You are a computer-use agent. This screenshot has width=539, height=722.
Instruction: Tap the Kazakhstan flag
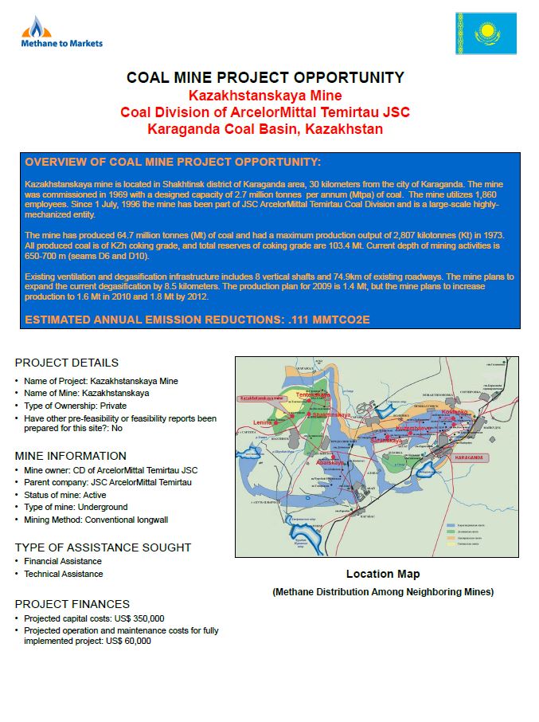click(485, 33)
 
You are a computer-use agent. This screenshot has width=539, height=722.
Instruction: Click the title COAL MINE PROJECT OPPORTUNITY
click(265, 77)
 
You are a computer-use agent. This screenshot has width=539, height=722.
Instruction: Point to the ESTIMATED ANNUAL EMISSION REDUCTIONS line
click(197, 320)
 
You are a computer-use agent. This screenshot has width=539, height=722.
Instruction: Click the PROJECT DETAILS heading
click(66, 363)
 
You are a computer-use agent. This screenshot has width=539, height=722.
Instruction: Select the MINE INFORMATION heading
click(70, 456)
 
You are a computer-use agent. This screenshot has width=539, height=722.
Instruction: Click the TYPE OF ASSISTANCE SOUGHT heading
click(103, 547)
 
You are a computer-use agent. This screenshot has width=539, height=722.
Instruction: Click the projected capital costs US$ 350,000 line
click(94, 618)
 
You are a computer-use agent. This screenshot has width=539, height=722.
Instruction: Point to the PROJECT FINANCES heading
click(72, 604)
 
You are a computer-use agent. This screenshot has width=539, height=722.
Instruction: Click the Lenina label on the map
click(262, 422)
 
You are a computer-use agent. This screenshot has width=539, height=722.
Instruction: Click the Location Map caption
click(382, 574)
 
